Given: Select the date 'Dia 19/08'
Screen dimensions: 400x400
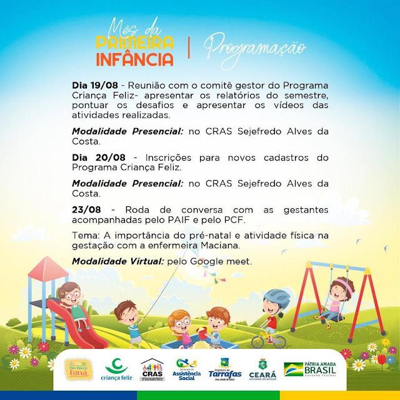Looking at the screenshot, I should coord(94,84).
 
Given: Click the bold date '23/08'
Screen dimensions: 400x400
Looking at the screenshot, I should coord(86,210).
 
